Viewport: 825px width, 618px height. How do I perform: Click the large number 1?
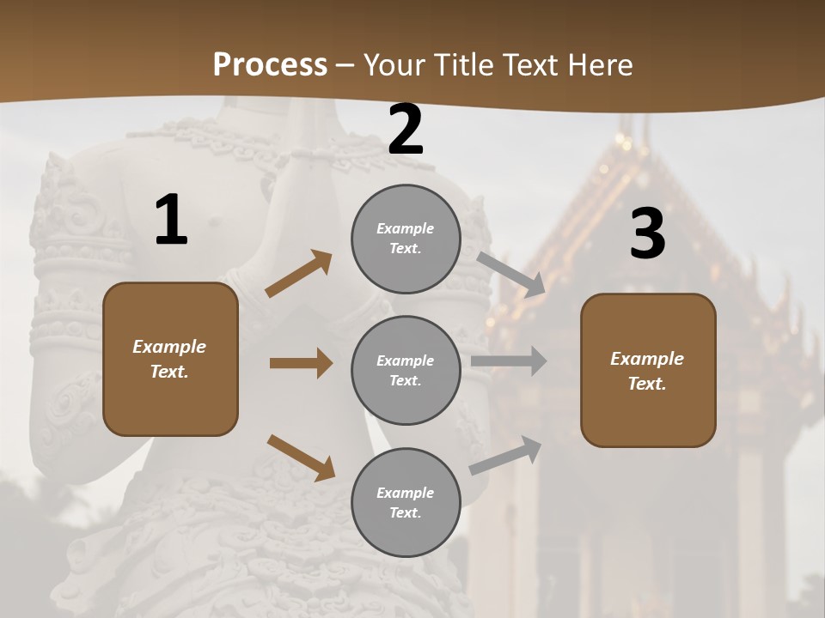(x=171, y=221)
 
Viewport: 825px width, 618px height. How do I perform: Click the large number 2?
(x=406, y=130)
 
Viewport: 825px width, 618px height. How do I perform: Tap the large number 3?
(x=647, y=234)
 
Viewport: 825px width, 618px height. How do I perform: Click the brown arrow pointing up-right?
(x=299, y=274)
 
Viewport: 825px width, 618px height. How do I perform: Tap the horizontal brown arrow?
(x=301, y=363)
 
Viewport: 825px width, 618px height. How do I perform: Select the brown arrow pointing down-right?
(x=301, y=457)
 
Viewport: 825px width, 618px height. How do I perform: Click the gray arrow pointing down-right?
(x=511, y=274)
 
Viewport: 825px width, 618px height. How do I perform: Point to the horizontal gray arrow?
(x=509, y=361)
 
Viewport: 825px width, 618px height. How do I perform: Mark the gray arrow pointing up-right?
(x=506, y=455)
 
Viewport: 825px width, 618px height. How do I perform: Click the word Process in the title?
(x=270, y=64)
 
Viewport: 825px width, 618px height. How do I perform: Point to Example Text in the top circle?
(x=406, y=239)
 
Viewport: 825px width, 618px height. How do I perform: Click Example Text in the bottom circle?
(x=406, y=503)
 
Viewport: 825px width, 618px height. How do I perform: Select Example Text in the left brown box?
(x=170, y=359)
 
